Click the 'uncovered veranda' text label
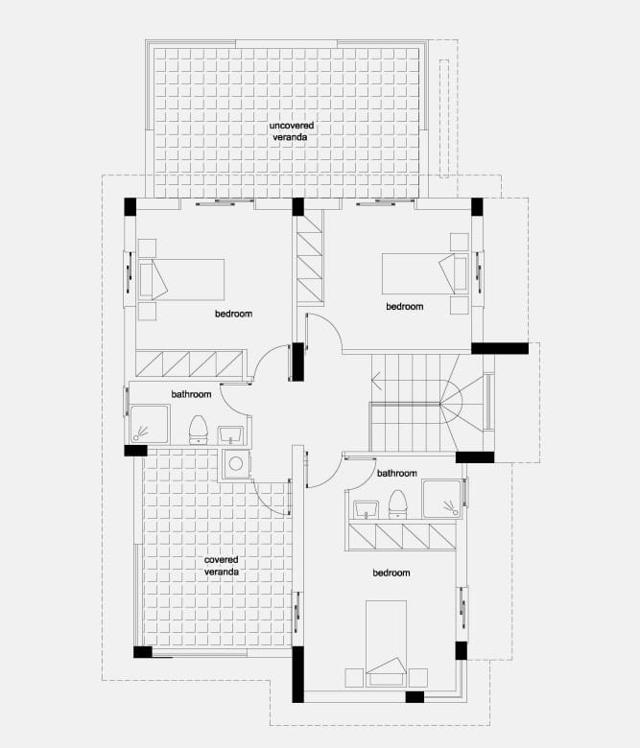point(292,131)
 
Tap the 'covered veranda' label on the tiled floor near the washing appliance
point(222,566)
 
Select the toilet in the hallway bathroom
point(198,429)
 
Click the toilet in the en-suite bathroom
point(397,503)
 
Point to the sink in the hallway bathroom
point(231,434)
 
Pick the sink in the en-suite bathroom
point(366,509)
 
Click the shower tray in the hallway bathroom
point(150,424)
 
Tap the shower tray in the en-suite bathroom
point(442,499)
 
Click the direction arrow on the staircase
point(377,381)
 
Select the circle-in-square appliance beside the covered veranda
point(235,463)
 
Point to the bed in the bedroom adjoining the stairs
point(425,274)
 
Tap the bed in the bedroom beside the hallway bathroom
point(181,280)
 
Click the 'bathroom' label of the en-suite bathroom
point(397,473)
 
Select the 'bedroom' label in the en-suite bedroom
point(391,573)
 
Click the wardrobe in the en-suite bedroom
point(402,537)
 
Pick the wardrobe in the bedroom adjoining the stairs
point(310,260)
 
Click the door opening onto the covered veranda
point(273,497)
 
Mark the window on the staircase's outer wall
point(488,402)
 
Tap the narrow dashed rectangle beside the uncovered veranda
point(444,117)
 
